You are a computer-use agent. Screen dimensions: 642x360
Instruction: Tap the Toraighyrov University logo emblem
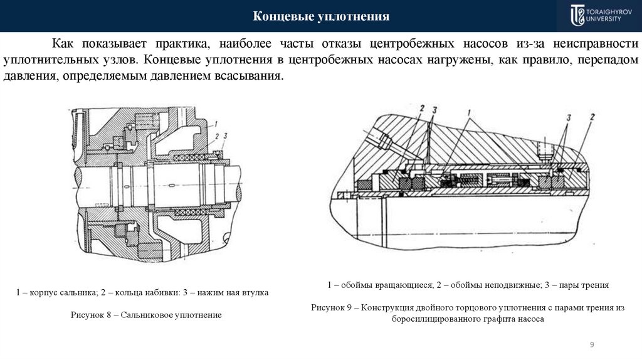coord(576,15)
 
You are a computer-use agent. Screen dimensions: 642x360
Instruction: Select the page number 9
coord(592,344)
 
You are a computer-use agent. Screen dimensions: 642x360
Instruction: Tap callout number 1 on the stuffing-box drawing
coord(215,123)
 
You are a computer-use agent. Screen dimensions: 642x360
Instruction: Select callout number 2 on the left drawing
coord(216,135)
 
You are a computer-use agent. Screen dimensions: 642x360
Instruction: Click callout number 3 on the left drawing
coord(225,135)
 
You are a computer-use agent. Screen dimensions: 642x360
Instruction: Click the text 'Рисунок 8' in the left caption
coord(90,314)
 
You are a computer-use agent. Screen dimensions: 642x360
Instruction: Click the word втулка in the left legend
coord(256,293)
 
